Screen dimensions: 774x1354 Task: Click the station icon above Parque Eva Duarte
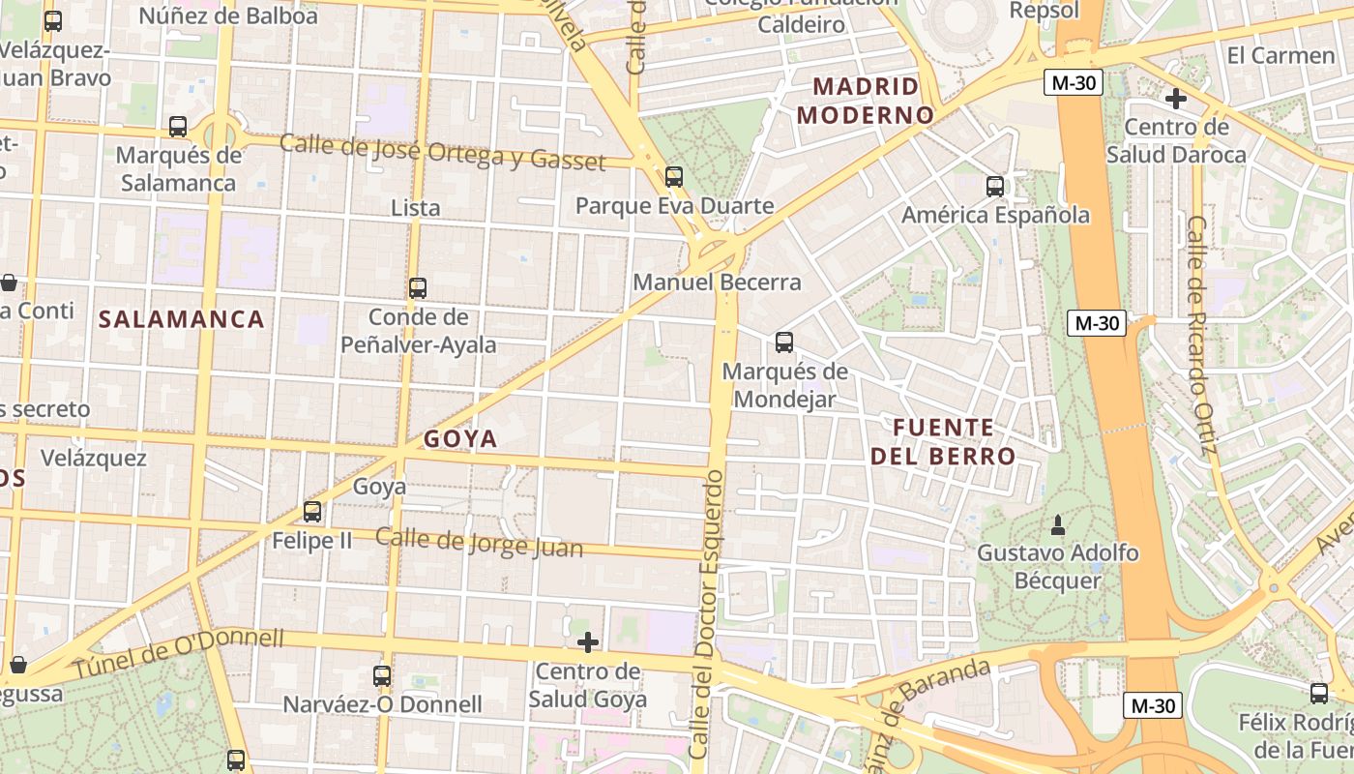(674, 177)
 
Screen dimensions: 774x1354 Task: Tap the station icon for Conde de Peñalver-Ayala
(418, 288)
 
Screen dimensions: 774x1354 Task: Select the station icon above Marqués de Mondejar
(784, 342)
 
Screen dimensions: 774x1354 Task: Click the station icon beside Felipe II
(312, 512)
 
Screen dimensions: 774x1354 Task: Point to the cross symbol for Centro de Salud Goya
(588, 642)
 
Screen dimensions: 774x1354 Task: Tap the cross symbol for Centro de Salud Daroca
(1176, 99)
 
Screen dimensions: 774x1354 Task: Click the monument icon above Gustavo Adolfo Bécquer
(1058, 525)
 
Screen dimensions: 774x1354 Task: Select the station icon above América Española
(995, 187)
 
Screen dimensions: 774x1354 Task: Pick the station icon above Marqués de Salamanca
(178, 127)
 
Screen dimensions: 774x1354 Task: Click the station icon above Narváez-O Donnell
(382, 676)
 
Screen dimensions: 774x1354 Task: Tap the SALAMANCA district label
(182, 319)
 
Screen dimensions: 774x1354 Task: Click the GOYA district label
(460, 439)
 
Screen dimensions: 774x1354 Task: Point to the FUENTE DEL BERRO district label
(943, 441)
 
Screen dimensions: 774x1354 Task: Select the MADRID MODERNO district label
(866, 101)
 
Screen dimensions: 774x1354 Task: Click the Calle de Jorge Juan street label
(479, 543)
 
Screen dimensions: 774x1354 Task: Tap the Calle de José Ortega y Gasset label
(442, 153)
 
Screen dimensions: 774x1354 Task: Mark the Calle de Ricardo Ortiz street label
(1200, 335)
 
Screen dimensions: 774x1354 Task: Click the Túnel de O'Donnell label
(180, 653)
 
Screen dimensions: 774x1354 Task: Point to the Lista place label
(416, 208)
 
